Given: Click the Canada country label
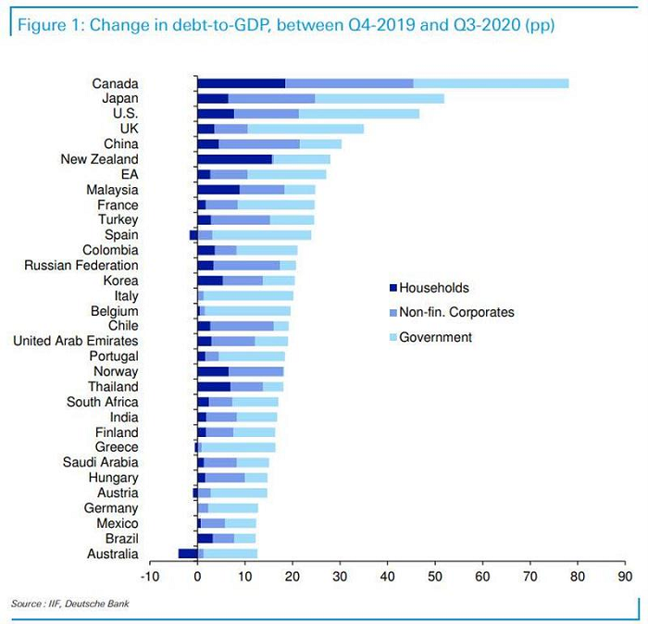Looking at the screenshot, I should pyautogui.click(x=116, y=83).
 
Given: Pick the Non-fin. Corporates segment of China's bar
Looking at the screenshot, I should pyautogui.click(x=259, y=144).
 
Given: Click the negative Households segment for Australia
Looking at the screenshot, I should pyautogui.click(x=188, y=554).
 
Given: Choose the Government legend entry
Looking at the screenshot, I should pyautogui.click(x=435, y=337).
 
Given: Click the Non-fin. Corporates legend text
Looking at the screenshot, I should pyautogui.click(x=456, y=312).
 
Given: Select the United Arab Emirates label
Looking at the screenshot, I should pyautogui.click(x=76, y=341).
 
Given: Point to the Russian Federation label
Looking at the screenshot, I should pyautogui.click(x=81, y=265).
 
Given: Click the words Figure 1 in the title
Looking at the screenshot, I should pyautogui.click(x=45, y=25).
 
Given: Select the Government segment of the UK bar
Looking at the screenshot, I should pyautogui.click(x=305, y=129).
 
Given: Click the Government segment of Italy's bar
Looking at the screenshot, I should pyautogui.click(x=248, y=295).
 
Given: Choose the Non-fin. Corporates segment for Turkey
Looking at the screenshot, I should pyautogui.click(x=241, y=219).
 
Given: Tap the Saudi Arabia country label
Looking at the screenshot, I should pyautogui.click(x=101, y=462).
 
